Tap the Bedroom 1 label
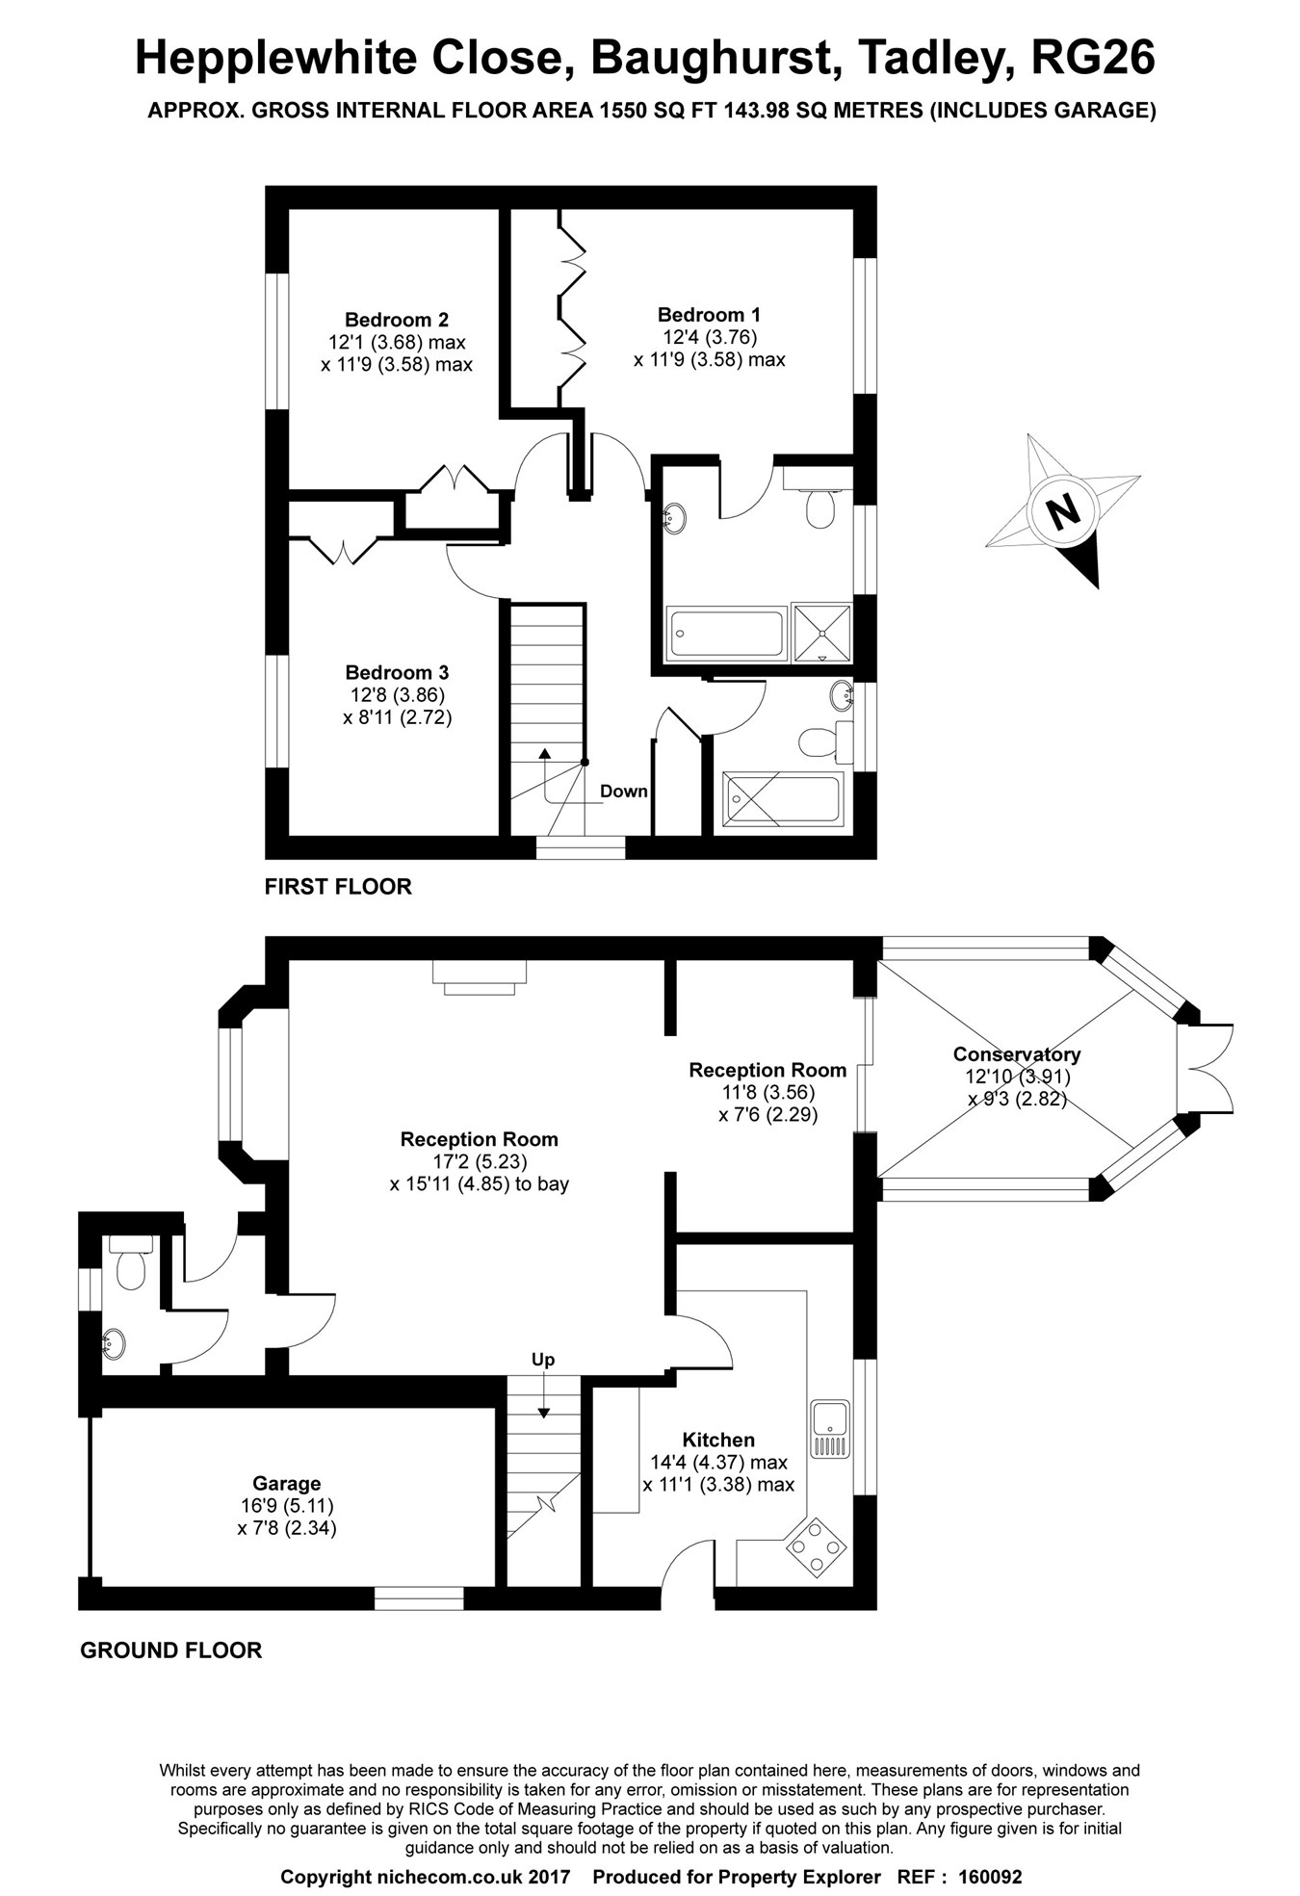(709, 315)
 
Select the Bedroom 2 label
(397, 320)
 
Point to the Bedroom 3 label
(397, 673)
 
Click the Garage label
(287, 1484)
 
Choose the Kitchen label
(718, 1441)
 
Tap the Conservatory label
(1016, 1054)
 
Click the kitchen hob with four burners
(817, 1548)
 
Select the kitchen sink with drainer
(829, 1429)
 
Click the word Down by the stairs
(624, 792)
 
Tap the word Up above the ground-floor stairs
(543, 1360)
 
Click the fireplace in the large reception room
(480, 976)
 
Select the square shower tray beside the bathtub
(821, 633)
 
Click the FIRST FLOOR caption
(338, 887)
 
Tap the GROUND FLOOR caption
(170, 1650)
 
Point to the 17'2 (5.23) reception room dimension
(480, 1161)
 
